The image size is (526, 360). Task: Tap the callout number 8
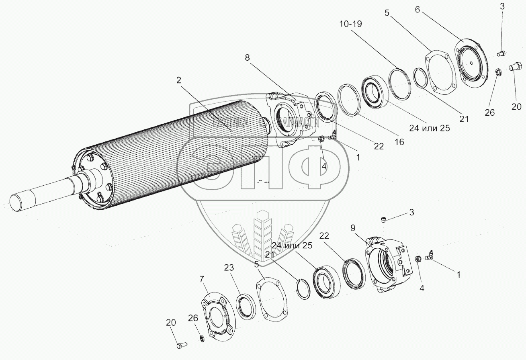[x=248, y=58]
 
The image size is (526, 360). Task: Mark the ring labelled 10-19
[x=400, y=82]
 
